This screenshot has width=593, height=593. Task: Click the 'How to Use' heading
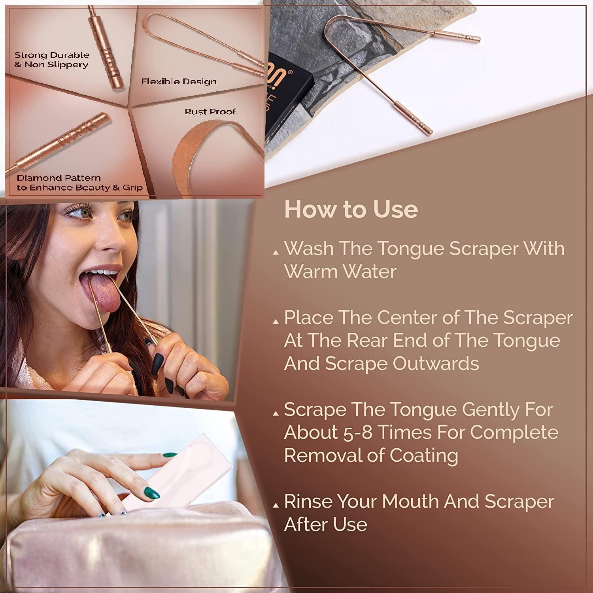351,210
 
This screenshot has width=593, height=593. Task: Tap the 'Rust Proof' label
210,112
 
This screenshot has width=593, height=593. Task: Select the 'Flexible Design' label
179,82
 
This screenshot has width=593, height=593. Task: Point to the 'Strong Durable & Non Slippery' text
51,60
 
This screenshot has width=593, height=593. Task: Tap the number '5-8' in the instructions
356,432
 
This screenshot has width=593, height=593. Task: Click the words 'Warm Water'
340,272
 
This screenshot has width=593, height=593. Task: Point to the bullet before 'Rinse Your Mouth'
276,506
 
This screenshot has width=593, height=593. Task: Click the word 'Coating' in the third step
424,455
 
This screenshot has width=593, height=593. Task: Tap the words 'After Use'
325,525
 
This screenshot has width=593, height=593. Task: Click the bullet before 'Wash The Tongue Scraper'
276,253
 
